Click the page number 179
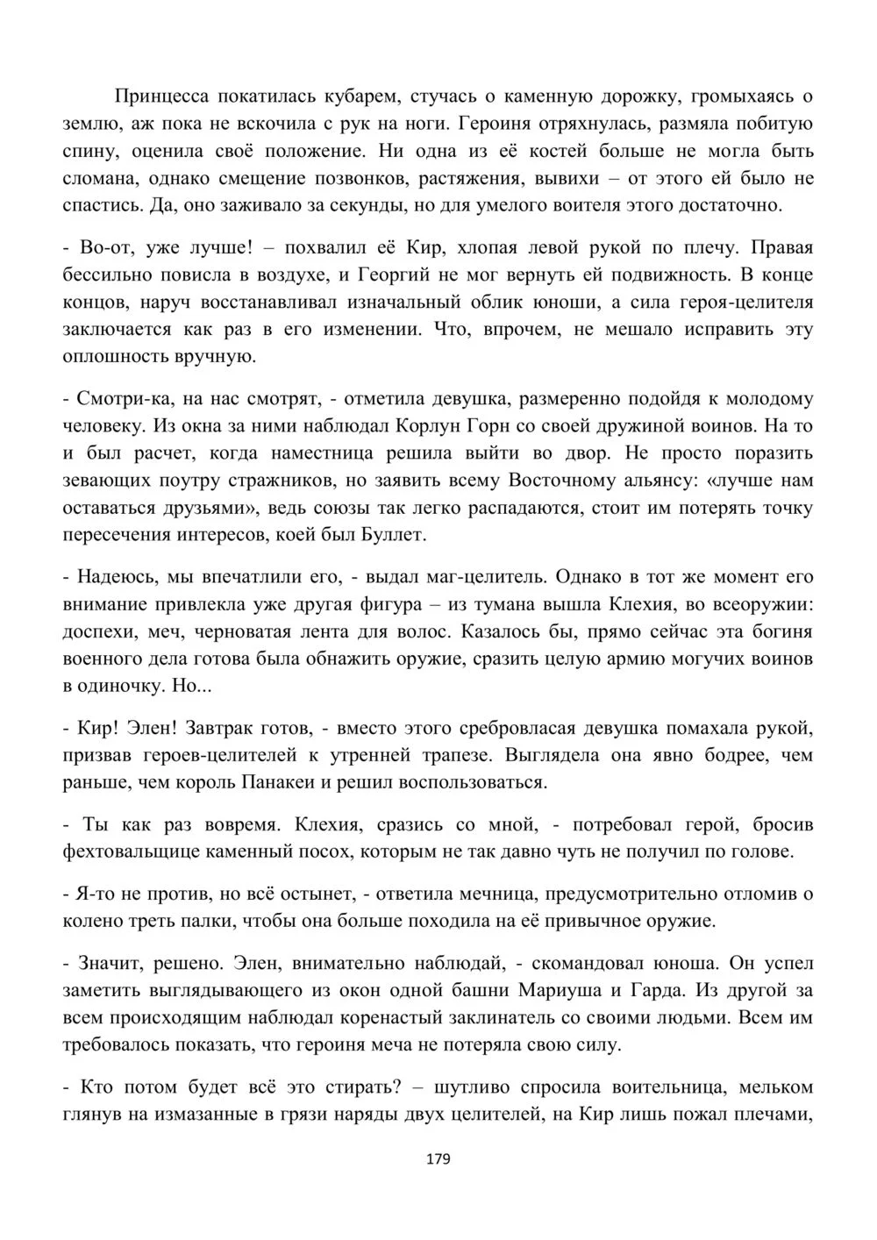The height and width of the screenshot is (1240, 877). (438, 1159)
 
